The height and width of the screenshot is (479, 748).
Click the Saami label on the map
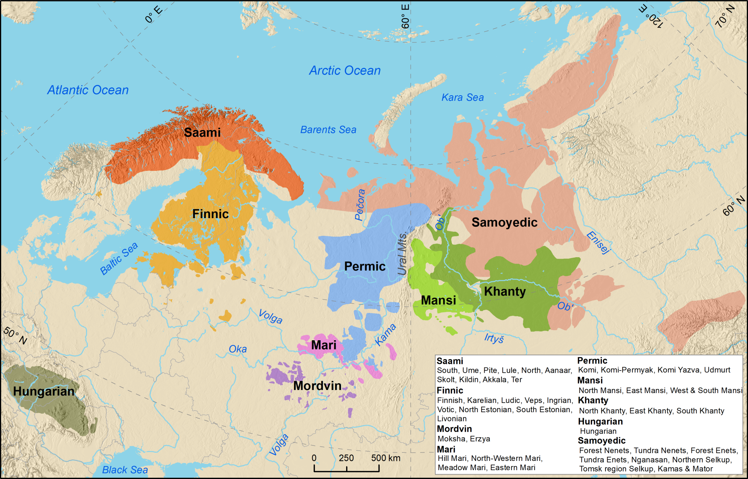202,132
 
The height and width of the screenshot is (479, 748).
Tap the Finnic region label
210,214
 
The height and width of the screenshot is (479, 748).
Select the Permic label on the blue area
365,266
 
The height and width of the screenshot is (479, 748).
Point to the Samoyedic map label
504,222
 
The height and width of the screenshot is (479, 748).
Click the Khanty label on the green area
504,291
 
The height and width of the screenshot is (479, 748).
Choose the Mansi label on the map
438,300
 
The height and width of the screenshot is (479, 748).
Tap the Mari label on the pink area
324,345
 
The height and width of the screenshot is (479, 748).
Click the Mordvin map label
317,386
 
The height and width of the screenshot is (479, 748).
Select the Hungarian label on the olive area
44,391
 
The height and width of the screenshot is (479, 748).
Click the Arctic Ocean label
345,70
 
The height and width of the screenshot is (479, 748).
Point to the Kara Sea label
462,97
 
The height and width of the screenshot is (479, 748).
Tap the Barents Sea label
328,130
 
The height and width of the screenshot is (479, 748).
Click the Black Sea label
125,470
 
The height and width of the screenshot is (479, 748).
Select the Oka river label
238,349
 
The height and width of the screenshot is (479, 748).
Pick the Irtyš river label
494,338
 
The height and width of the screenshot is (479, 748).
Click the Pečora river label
360,205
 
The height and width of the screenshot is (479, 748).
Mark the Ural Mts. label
402,254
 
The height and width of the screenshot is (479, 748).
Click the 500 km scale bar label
385,458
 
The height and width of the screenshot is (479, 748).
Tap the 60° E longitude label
405,17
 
